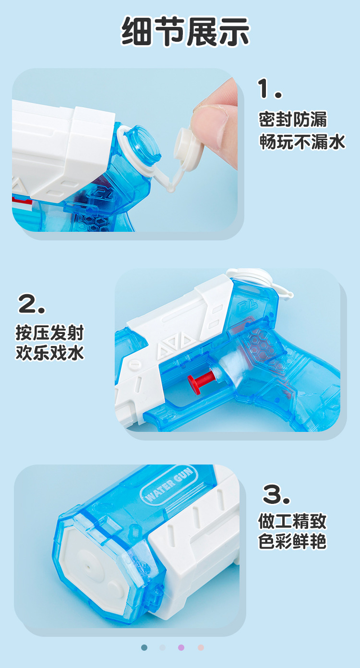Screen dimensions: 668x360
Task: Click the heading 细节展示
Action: pos(185,32)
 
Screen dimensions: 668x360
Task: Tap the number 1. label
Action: pos(269,89)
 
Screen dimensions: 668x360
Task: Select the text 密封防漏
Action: pos(293,119)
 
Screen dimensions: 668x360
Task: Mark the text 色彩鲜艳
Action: pos(292,542)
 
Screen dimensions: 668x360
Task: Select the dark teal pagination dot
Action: pos(144,647)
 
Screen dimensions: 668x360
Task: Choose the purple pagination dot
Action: pos(181,647)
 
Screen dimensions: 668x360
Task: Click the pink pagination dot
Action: pos(201,647)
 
